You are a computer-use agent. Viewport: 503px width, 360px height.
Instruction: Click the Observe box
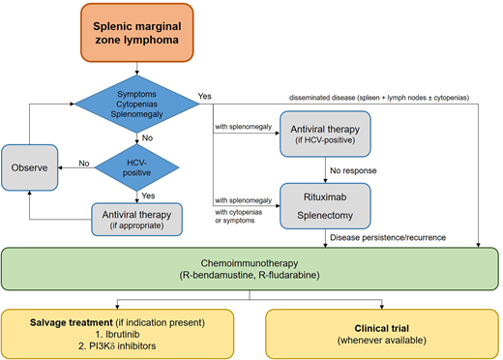point(32,166)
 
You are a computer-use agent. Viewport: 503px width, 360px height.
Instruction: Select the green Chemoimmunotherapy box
point(250,269)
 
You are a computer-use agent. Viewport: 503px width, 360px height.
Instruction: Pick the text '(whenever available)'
point(371,341)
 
